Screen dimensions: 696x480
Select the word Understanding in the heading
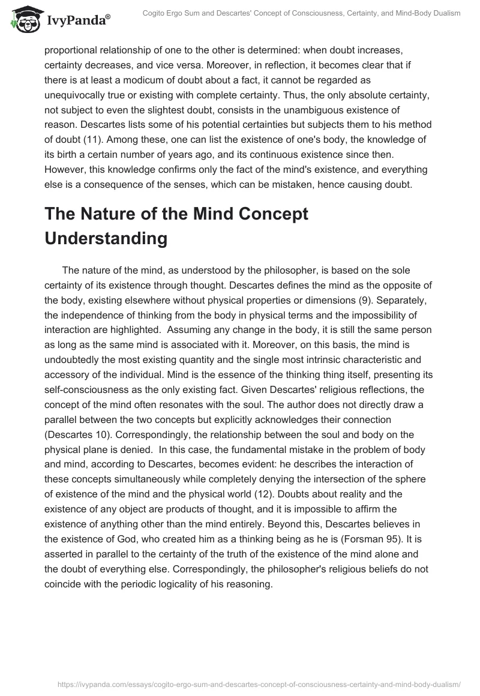(x=106, y=238)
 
